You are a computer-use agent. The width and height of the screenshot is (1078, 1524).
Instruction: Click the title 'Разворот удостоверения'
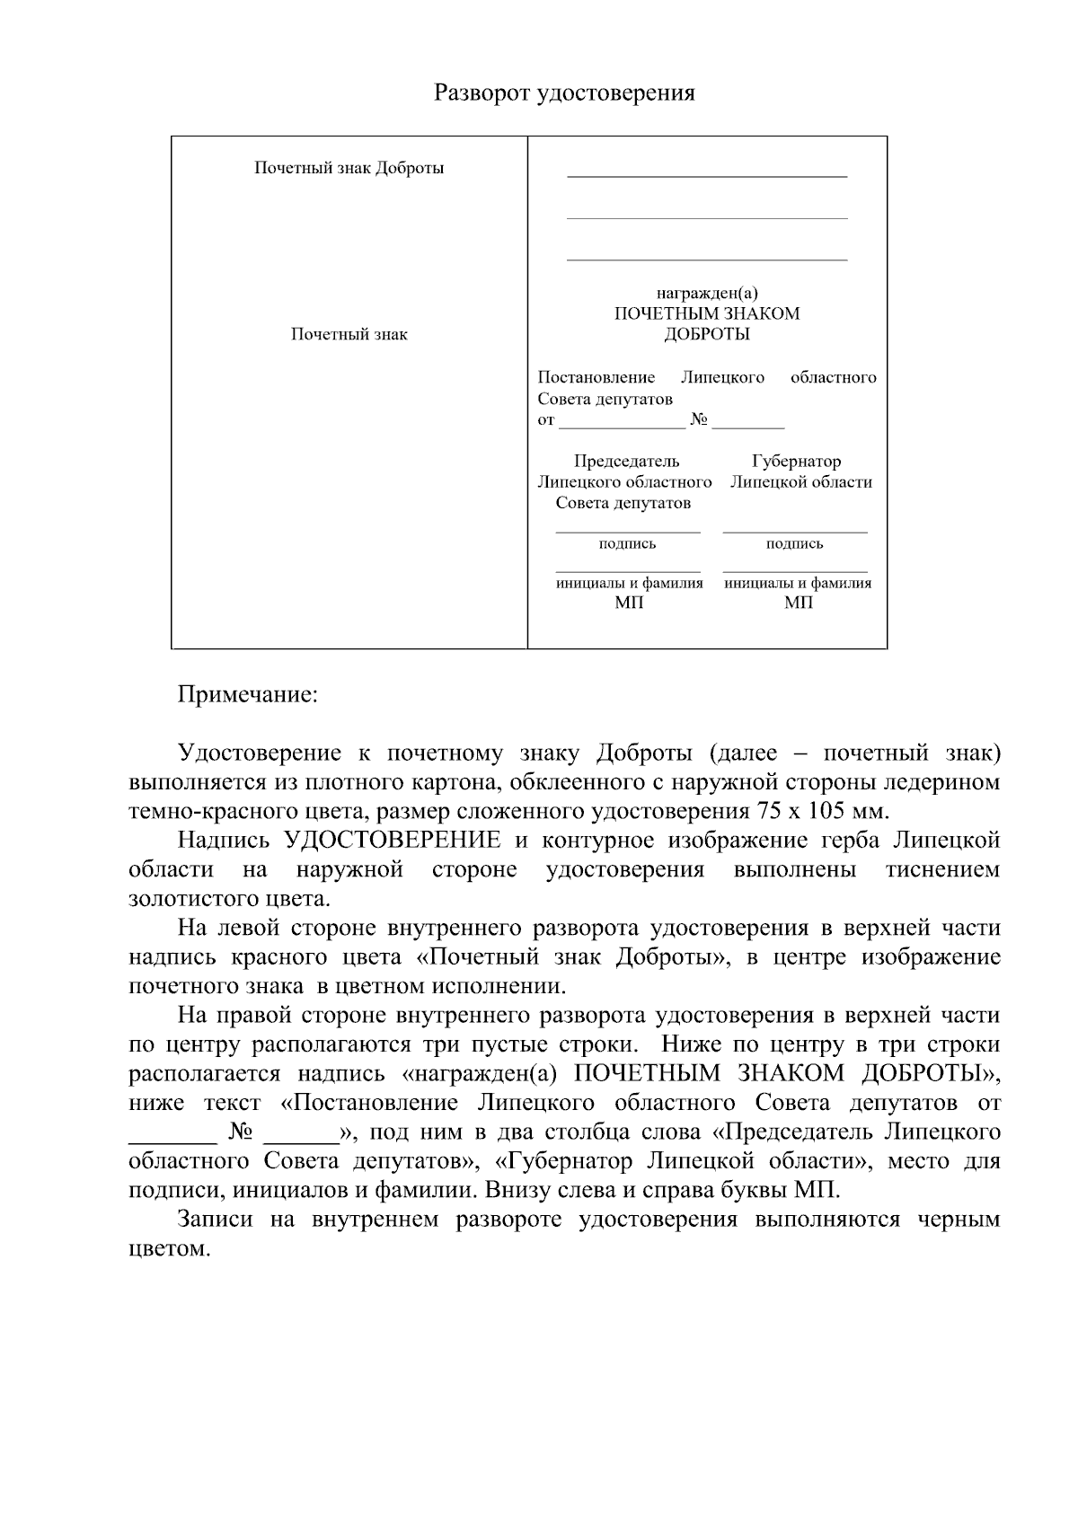564,93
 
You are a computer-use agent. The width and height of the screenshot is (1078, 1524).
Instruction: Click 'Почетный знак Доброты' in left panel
349,168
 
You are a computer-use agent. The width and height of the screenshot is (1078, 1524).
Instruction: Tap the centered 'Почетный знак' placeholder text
349,334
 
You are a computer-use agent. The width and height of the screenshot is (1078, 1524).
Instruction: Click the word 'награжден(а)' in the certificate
707,293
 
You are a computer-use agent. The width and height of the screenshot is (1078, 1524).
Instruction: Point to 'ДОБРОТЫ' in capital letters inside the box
707,334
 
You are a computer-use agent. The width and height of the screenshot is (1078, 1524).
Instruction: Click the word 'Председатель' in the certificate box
626,462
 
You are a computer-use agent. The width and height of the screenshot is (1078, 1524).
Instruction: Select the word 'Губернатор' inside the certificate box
797,462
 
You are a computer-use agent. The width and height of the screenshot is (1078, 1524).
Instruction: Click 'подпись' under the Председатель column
627,543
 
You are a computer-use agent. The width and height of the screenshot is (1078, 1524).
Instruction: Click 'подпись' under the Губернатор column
795,543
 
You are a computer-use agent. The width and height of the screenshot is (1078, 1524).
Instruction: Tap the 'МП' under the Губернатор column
798,603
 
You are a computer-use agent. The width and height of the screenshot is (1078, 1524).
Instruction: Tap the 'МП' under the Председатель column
629,603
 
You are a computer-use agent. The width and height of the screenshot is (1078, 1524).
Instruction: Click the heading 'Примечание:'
248,695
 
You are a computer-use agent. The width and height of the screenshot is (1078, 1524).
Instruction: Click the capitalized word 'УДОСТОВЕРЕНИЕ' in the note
393,841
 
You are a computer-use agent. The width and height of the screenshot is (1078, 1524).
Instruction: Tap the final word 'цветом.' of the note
170,1249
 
